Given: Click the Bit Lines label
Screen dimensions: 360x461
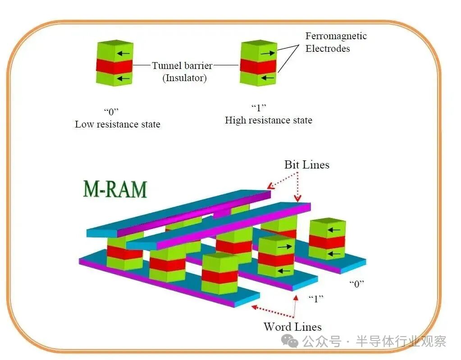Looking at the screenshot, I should pos(306,165).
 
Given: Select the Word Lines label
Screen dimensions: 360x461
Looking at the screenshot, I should pos(292,327).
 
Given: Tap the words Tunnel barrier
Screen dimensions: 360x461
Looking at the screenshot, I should pos(182,66).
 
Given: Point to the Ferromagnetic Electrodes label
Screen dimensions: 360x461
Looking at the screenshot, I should pos(336,42).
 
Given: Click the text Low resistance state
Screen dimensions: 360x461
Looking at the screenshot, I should pos(117,124).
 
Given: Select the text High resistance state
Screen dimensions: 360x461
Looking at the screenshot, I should pos(268,120).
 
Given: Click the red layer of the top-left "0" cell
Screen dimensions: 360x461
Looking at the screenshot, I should pos(114,66).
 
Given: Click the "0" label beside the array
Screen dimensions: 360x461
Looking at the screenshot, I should pos(356,284).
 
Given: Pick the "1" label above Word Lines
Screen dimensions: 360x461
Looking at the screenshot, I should pos(316,298).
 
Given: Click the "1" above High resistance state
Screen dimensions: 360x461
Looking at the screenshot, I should pos(259,108).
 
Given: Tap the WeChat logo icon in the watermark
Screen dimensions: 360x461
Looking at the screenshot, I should pos(290,341).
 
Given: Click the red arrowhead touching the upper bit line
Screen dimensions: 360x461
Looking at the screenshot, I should pos(271,185).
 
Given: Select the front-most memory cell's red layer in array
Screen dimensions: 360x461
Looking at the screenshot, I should pos(219,276).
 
